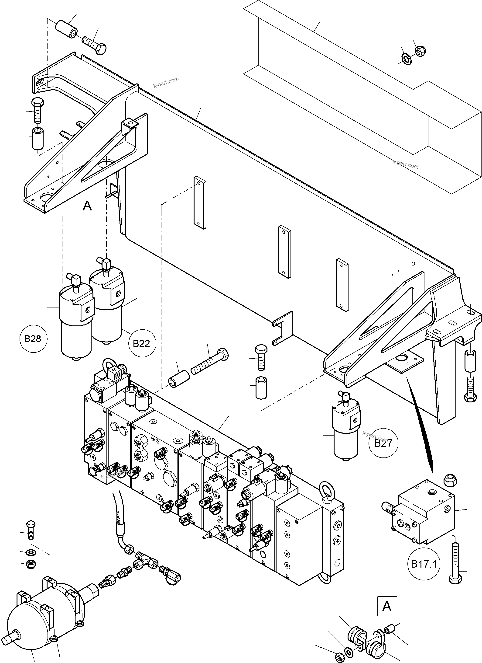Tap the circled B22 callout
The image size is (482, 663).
tap(142, 343)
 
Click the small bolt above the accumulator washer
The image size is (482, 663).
tap(30, 529)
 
